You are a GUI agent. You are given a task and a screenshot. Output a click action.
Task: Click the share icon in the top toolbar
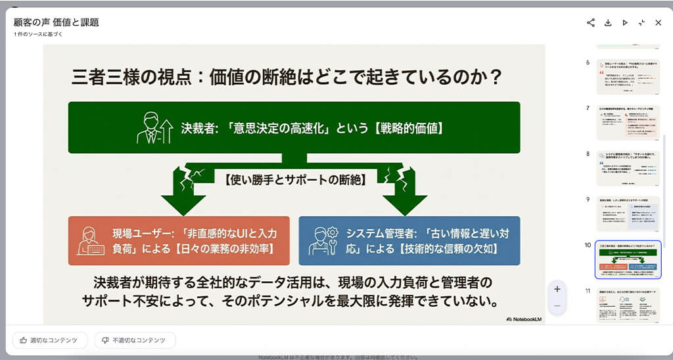pos(591,22)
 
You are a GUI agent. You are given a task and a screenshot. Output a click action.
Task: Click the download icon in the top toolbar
pos(608,22)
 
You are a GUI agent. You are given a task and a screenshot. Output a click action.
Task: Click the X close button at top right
pos(659,22)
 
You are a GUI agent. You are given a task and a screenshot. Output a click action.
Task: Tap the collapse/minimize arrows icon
pos(641,22)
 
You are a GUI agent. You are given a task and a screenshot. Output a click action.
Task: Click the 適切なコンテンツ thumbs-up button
pos(50,340)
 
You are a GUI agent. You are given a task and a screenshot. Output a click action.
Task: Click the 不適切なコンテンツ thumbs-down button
pos(135,340)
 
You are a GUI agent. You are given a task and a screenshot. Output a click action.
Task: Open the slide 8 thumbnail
pos(628,167)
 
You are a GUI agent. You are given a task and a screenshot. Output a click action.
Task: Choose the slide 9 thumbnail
pos(628,213)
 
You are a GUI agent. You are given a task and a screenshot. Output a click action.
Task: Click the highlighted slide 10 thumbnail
pos(628,259)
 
